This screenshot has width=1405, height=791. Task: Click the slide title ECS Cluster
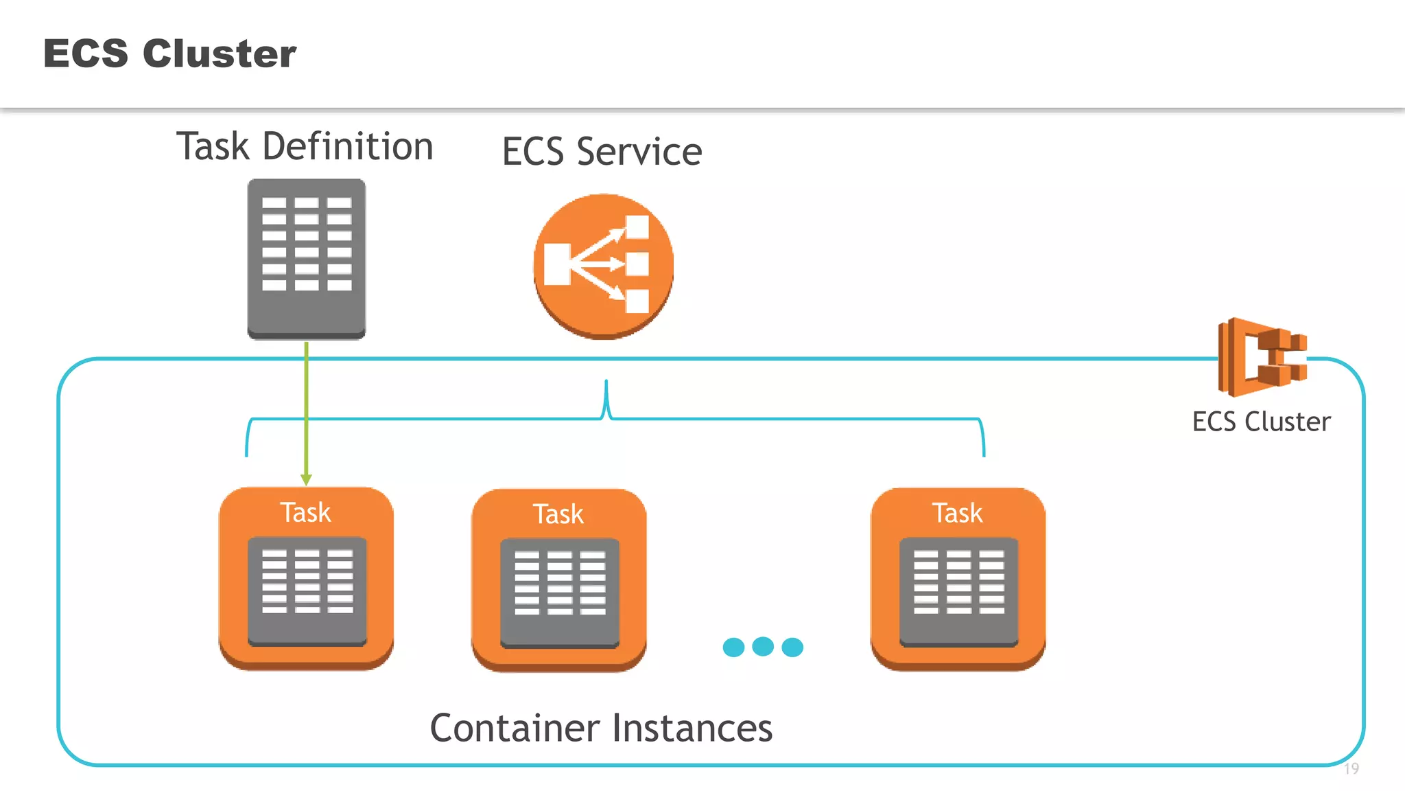pyautogui.click(x=169, y=54)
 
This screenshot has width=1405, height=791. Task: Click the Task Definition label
pyautogui.click(x=305, y=147)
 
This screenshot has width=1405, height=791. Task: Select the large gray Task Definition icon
pyautogui.click(x=307, y=259)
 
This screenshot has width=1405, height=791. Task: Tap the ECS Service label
pyautogui.click(x=602, y=152)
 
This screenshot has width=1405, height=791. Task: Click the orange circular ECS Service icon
pyautogui.click(x=603, y=266)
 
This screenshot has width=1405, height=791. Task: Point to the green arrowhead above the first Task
pyautogui.click(x=306, y=479)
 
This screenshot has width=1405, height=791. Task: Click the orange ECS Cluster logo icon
pyautogui.click(x=1261, y=357)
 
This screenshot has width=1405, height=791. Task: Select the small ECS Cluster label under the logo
pyautogui.click(x=1261, y=422)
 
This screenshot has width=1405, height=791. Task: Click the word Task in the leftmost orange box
pyautogui.click(x=305, y=513)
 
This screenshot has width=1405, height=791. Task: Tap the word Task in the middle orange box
pyautogui.click(x=558, y=514)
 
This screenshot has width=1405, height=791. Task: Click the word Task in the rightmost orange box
pyautogui.click(x=957, y=514)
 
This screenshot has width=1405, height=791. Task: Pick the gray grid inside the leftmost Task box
pyautogui.click(x=307, y=591)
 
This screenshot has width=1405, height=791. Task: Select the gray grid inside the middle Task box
pyautogui.click(x=559, y=593)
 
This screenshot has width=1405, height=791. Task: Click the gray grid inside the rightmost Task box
pyautogui.click(x=958, y=591)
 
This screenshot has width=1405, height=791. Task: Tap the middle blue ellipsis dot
pyautogui.click(x=763, y=646)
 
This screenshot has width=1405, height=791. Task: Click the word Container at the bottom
pyautogui.click(x=514, y=729)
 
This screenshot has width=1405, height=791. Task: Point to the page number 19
pyautogui.click(x=1351, y=769)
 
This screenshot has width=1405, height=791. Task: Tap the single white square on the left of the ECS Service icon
pyautogui.click(x=557, y=264)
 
